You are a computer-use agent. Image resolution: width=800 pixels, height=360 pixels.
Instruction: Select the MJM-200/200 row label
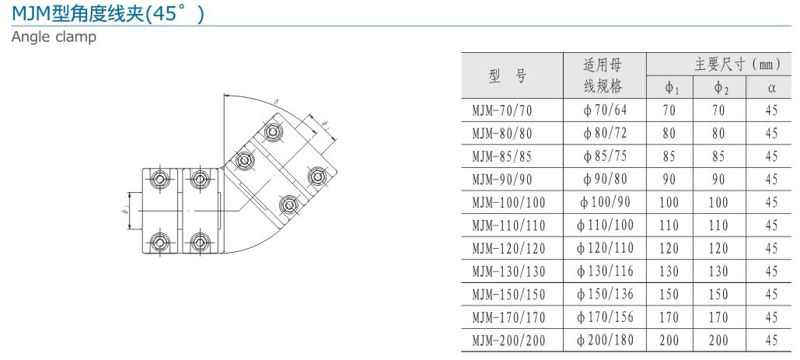(508, 340)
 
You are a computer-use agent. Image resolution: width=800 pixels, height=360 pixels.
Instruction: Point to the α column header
(771, 87)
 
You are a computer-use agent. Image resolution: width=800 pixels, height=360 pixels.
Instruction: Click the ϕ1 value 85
(669, 156)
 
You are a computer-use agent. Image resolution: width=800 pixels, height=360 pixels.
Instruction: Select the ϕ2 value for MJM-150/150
(719, 294)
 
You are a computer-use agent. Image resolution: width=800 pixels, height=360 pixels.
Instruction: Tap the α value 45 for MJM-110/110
(771, 225)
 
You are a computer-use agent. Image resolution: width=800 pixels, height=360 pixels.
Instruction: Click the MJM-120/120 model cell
(508, 248)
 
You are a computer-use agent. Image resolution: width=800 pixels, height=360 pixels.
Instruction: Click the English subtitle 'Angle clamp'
(54, 37)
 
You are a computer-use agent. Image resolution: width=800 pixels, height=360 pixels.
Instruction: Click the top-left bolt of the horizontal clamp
(159, 180)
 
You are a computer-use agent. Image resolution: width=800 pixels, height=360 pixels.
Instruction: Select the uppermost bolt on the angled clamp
(273, 133)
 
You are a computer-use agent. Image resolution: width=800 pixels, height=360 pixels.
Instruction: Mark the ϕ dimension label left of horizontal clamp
(125, 209)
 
